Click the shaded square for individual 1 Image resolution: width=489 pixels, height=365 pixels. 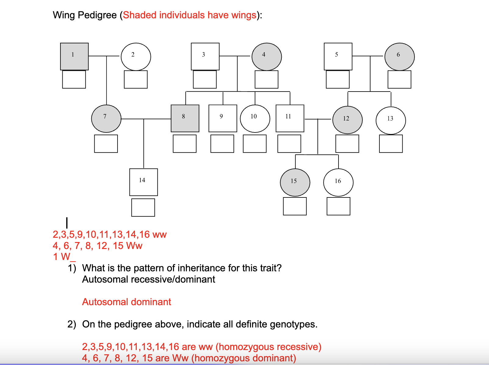coord(74,56)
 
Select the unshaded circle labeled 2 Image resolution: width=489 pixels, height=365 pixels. coord(136,57)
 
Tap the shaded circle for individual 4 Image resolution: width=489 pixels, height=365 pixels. coord(266,57)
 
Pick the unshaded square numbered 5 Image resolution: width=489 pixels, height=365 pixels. coord(338,56)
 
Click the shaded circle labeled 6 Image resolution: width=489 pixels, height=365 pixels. coord(399,57)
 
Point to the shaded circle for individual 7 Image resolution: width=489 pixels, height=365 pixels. coord(106,119)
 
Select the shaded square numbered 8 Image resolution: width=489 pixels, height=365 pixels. coord(185,118)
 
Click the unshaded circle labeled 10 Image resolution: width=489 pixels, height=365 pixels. coord(255,118)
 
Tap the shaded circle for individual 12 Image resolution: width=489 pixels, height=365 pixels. coord(347,120)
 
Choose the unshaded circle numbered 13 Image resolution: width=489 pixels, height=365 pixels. coord(391,121)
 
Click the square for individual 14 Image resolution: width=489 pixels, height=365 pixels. coord(143,182)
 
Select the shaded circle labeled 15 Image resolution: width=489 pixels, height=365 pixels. coord(295,182)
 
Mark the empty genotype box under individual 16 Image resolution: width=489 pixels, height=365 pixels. coord(338,206)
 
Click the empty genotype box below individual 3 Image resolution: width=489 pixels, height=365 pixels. coord(205,79)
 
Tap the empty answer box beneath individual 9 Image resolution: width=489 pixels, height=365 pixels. coord(222,144)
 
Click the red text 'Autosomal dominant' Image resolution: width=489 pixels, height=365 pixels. coord(126,302)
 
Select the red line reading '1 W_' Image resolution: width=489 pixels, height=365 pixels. coord(64,257)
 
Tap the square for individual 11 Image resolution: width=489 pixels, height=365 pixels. coord(290,118)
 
